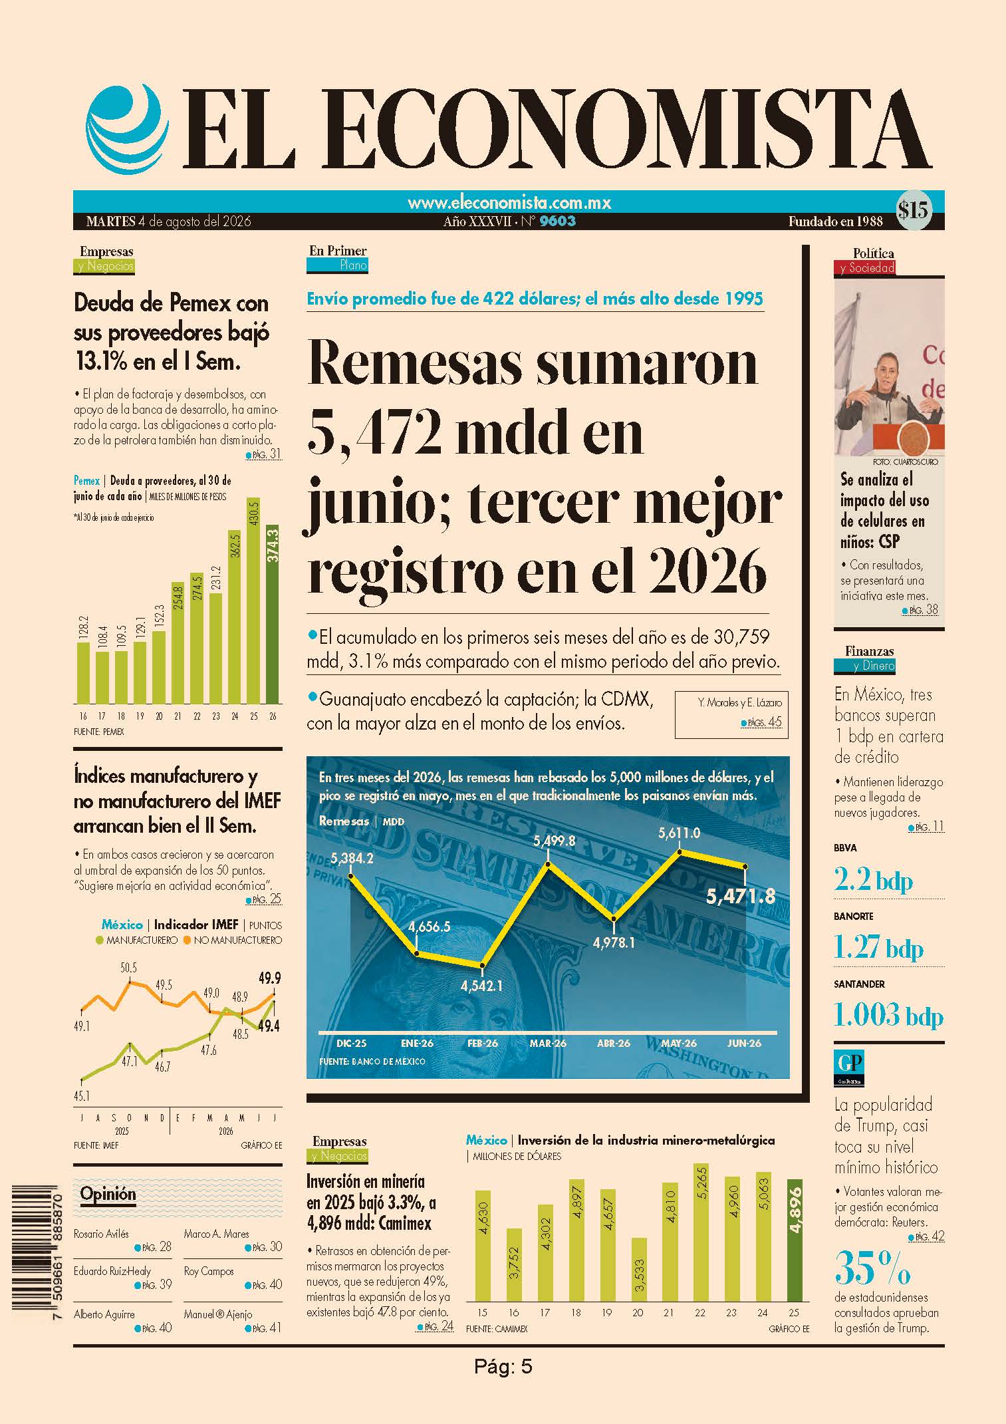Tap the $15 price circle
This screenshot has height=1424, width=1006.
coord(913,211)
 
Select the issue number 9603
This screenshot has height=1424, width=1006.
coord(558,221)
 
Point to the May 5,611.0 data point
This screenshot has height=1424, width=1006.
coord(680,851)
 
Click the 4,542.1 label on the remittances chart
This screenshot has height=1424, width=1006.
coord(481,985)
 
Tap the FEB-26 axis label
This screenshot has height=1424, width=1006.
coord(483,1044)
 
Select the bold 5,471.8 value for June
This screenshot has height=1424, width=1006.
coord(741,897)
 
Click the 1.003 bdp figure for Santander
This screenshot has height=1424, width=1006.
coord(888,1016)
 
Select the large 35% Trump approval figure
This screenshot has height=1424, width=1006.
coord(872,1268)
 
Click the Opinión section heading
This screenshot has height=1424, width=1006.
coord(108,1194)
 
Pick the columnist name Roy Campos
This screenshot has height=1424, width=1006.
coord(209,1271)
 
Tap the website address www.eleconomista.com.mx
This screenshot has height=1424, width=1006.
coord(509,202)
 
